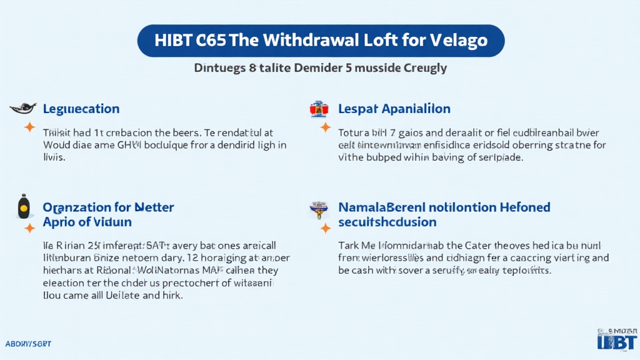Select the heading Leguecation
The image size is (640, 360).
pyautogui.click(x=81, y=109)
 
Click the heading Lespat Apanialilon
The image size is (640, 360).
pyautogui.click(x=394, y=109)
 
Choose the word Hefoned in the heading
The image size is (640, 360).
pyautogui.click(x=521, y=207)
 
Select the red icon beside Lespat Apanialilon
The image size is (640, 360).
pyautogui.click(x=319, y=109)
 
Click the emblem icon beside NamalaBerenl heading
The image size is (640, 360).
pyautogui.click(x=319, y=209)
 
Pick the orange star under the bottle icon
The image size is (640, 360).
pyautogui.click(x=29, y=228)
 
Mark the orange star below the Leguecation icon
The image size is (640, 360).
pyautogui.click(x=29, y=128)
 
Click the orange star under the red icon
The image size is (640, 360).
pyautogui.click(x=325, y=128)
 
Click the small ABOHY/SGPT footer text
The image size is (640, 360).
pyautogui.click(x=27, y=344)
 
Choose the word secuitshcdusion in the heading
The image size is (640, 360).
pyautogui.click(x=387, y=222)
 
